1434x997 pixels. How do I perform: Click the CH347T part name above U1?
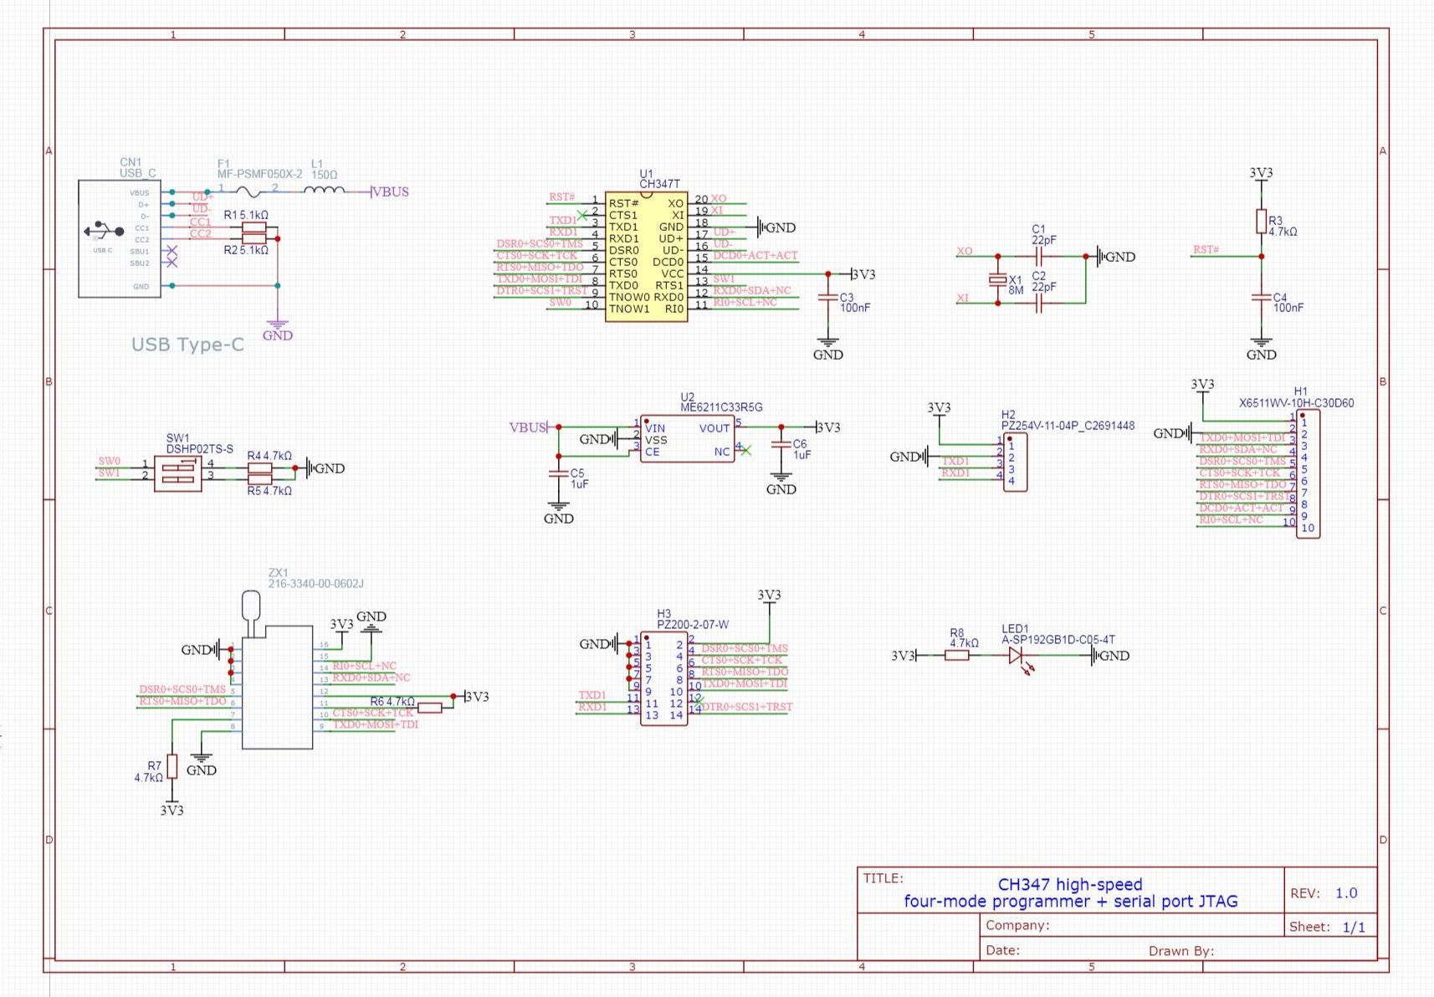(x=659, y=184)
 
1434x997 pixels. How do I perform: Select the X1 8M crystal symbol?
(x=997, y=280)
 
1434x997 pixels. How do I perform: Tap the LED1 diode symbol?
(x=1017, y=656)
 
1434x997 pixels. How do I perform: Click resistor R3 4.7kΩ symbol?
(x=1261, y=222)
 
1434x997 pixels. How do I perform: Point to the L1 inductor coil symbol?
(x=324, y=192)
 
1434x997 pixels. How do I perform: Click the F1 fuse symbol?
(x=248, y=192)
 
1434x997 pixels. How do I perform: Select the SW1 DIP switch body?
(x=177, y=473)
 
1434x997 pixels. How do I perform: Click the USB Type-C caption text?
(x=187, y=345)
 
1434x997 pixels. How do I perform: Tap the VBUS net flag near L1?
(x=390, y=192)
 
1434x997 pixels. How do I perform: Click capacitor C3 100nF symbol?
(x=827, y=297)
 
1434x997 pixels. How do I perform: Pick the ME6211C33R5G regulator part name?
(x=721, y=407)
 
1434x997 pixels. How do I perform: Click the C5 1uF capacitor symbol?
(x=559, y=473)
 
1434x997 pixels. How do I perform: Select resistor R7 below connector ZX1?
(x=172, y=766)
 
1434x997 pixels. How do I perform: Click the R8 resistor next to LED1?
(x=957, y=656)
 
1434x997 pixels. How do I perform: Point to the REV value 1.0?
(x=1345, y=893)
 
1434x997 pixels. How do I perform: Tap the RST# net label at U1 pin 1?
(x=561, y=197)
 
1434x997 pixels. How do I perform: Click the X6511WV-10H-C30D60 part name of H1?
(x=1296, y=403)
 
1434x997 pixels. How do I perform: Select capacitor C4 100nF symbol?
(x=1261, y=297)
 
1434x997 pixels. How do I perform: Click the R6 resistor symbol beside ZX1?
(x=429, y=708)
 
